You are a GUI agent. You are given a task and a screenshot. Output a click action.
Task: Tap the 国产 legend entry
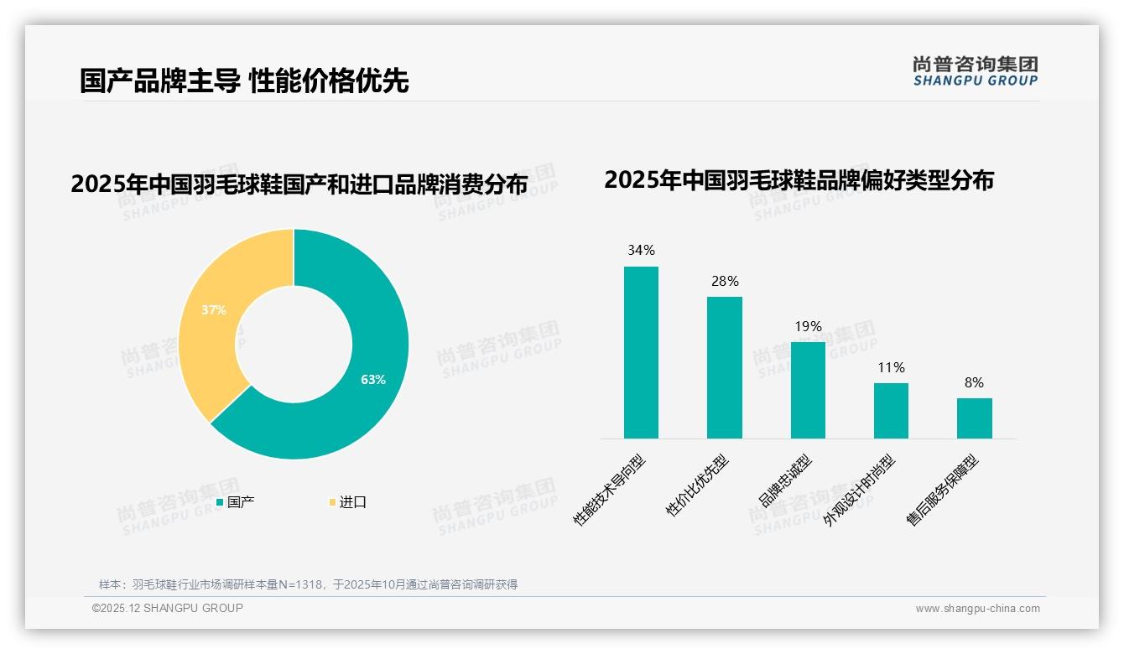tap(236, 502)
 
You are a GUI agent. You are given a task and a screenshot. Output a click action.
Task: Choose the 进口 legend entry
tap(347, 502)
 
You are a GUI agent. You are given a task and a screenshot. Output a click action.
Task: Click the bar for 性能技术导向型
tap(641, 352)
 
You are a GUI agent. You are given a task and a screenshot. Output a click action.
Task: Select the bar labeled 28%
tap(724, 367)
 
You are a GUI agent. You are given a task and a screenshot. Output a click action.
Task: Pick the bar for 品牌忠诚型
tap(808, 390)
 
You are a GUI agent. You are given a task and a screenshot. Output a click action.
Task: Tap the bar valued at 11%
tap(891, 411)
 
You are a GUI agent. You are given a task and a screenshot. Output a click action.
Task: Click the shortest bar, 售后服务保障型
tap(974, 418)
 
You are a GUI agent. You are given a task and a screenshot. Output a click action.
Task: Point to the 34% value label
tap(641, 250)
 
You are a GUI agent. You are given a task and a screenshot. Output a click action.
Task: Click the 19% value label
tap(808, 326)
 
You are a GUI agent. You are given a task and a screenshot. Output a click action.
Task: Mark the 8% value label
tap(974, 382)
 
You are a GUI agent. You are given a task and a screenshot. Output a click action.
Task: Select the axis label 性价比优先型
tap(697, 485)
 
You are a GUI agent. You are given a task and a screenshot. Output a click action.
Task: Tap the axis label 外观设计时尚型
tap(859, 490)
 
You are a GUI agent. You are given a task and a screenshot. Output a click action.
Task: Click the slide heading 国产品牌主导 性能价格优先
tap(244, 81)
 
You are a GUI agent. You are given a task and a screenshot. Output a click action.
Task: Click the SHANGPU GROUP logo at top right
tap(975, 71)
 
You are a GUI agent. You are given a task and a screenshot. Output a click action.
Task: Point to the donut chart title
tap(299, 184)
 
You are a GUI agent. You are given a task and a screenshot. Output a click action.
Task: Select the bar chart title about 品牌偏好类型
tap(799, 180)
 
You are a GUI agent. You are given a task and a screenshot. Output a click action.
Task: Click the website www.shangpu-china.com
tap(977, 609)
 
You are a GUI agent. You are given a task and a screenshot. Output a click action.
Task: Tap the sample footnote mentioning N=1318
tap(308, 584)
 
